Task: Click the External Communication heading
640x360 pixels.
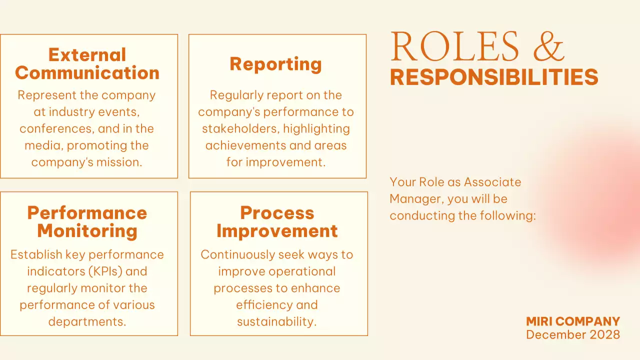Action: pos(87,63)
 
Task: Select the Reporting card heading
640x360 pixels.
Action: pos(275,64)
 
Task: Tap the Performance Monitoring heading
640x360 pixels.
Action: pos(87,221)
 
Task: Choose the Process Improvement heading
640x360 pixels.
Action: pos(277,221)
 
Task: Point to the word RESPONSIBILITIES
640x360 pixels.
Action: pos(494,77)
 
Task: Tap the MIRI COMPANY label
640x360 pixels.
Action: pos(573,321)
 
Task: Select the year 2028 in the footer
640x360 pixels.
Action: pos(603,334)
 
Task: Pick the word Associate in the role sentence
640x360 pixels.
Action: pos(492,182)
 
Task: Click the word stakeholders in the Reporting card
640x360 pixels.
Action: pos(239,128)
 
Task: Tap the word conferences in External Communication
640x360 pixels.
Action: pos(55,128)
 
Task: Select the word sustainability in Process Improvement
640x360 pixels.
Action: pos(276,321)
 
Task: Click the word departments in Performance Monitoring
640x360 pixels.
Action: pos(86,321)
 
